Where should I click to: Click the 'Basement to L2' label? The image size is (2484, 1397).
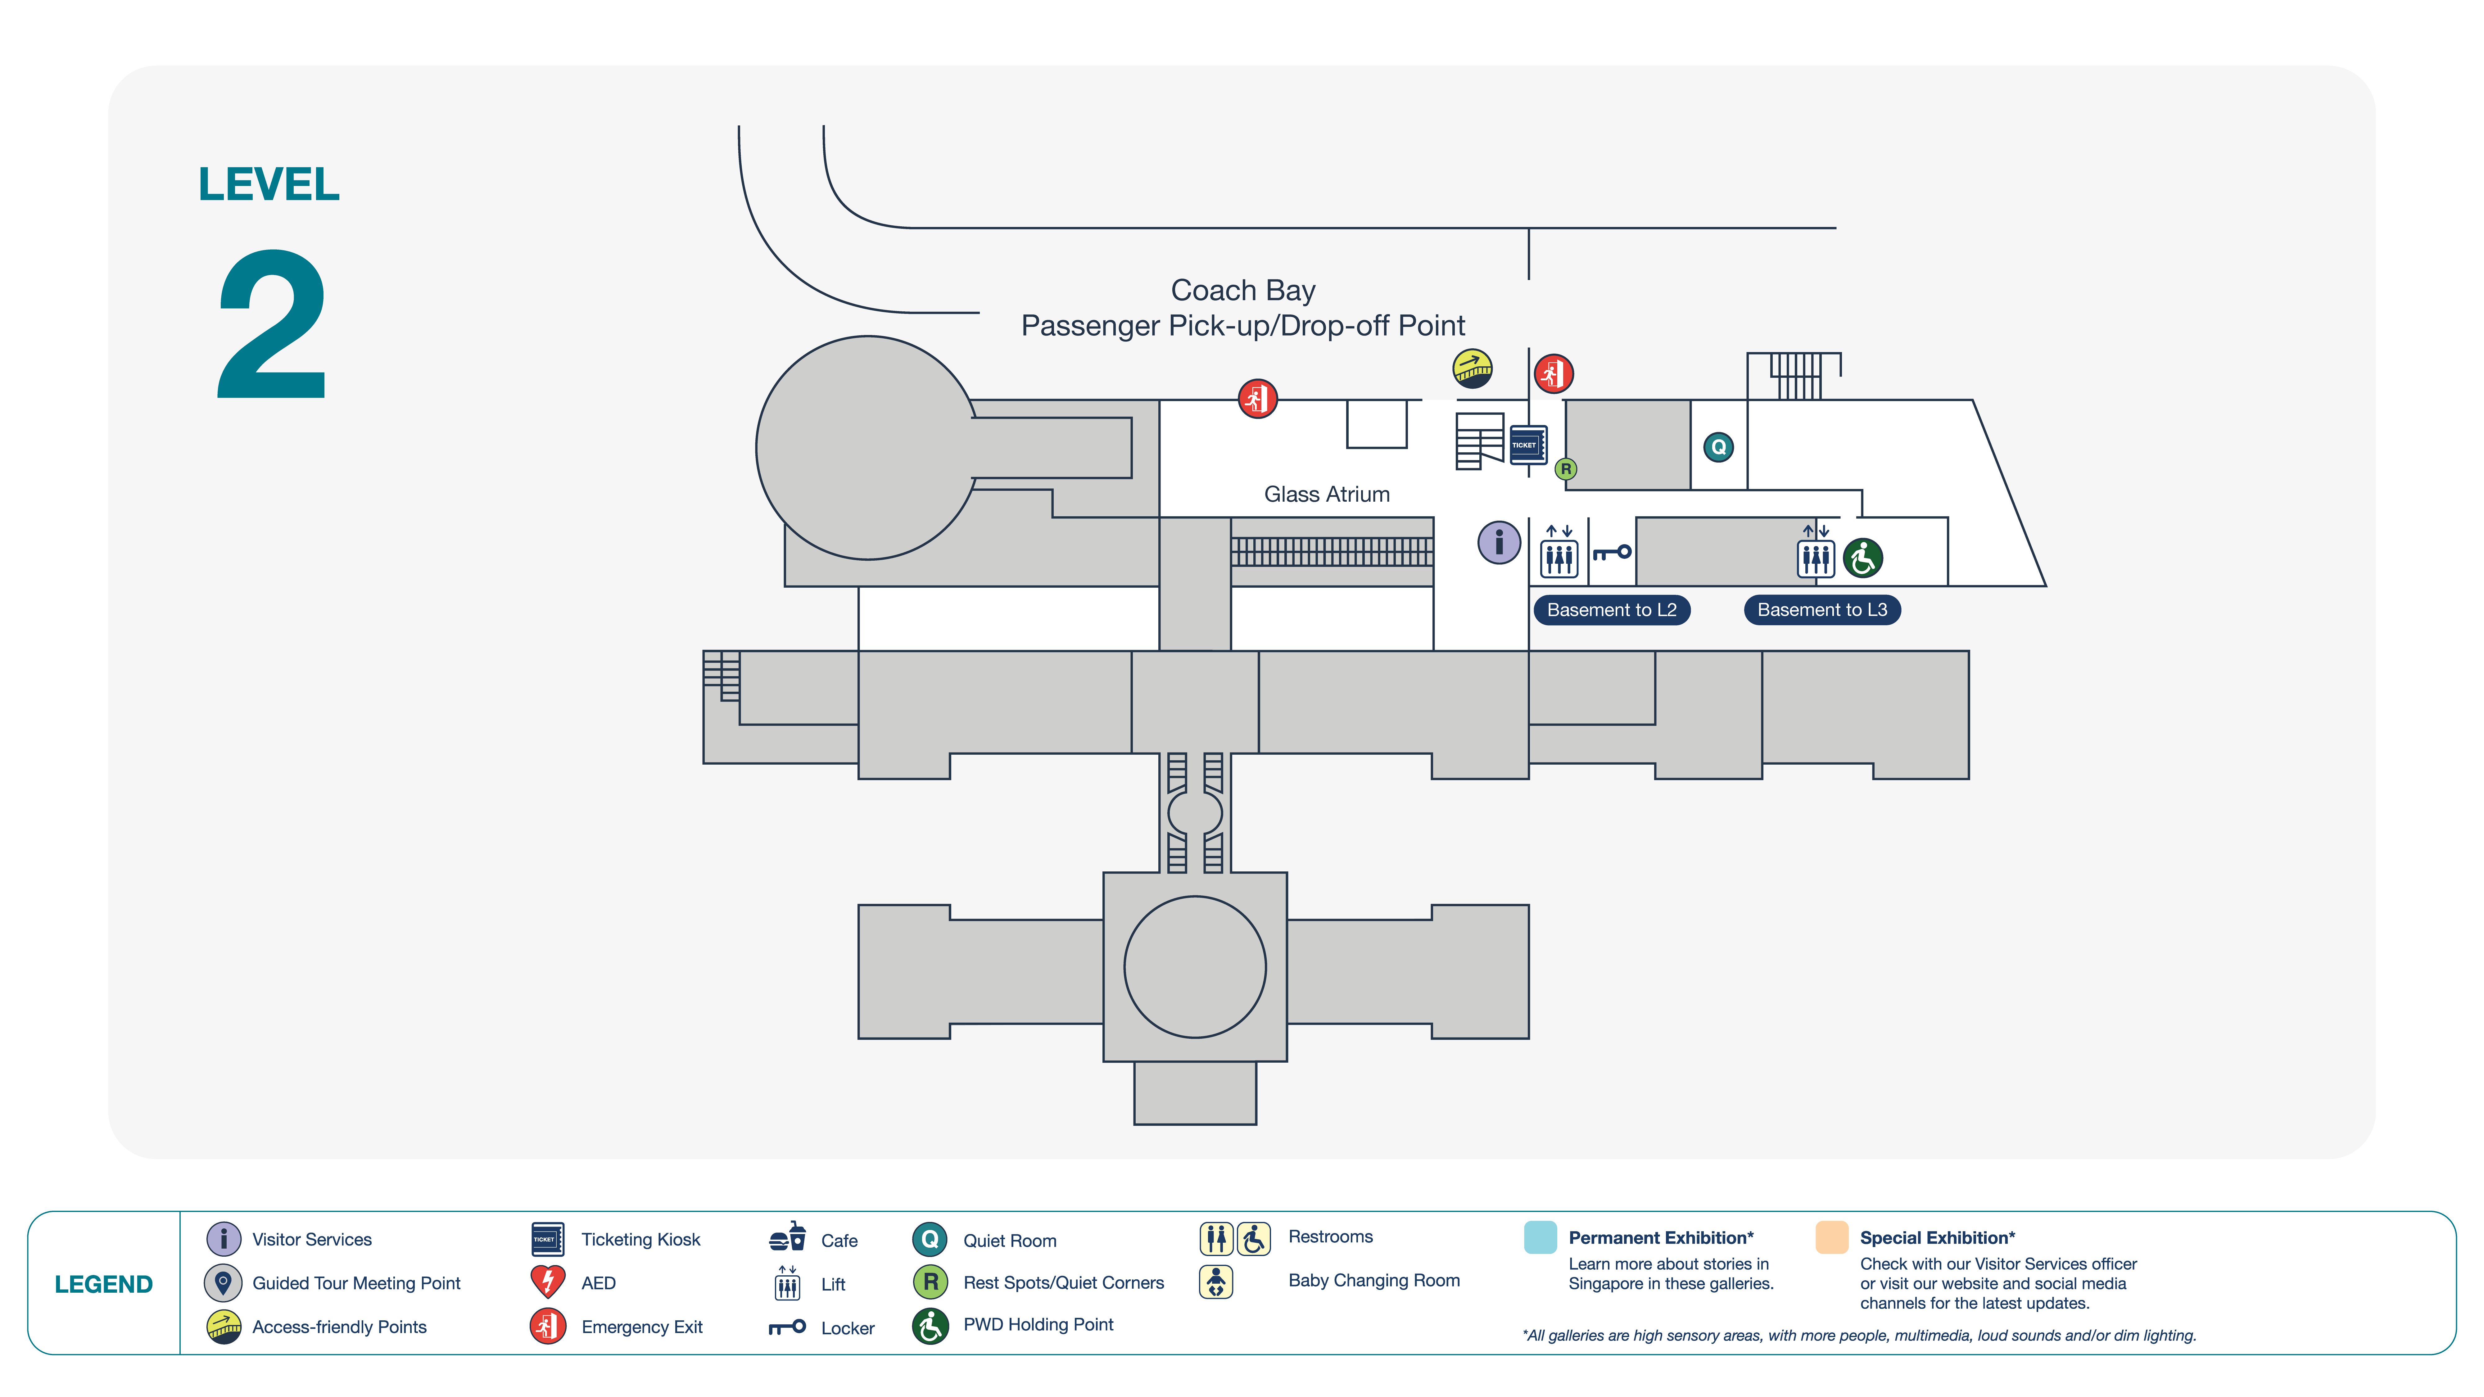pyautogui.click(x=1611, y=609)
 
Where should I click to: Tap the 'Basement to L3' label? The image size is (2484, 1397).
pyautogui.click(x=1821, y=609)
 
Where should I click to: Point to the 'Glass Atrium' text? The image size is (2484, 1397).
pyautogui.click(x=1327, y=495)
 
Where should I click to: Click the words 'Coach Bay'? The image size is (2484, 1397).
pyautogui.click(x=1243, y=290)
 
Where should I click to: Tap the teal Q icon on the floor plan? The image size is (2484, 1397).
pyautogui.click(x=1718, y=447)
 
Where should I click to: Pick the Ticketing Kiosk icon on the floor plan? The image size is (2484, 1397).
pyautogui.click(x=1527, y=445)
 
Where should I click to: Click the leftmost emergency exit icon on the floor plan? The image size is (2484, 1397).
pyautogui.click(x=1257, y=398)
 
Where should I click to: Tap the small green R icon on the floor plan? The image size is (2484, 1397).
pyautogui.click(x=1566, y=469)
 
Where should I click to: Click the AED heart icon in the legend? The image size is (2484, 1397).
pyautogui.click(x=548, y=1281)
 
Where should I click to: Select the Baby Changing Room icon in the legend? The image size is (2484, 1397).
pyautogui.click(x=1216, y=1281)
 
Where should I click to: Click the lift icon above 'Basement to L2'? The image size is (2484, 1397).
pyautogui.click(x=1558, y=551)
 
